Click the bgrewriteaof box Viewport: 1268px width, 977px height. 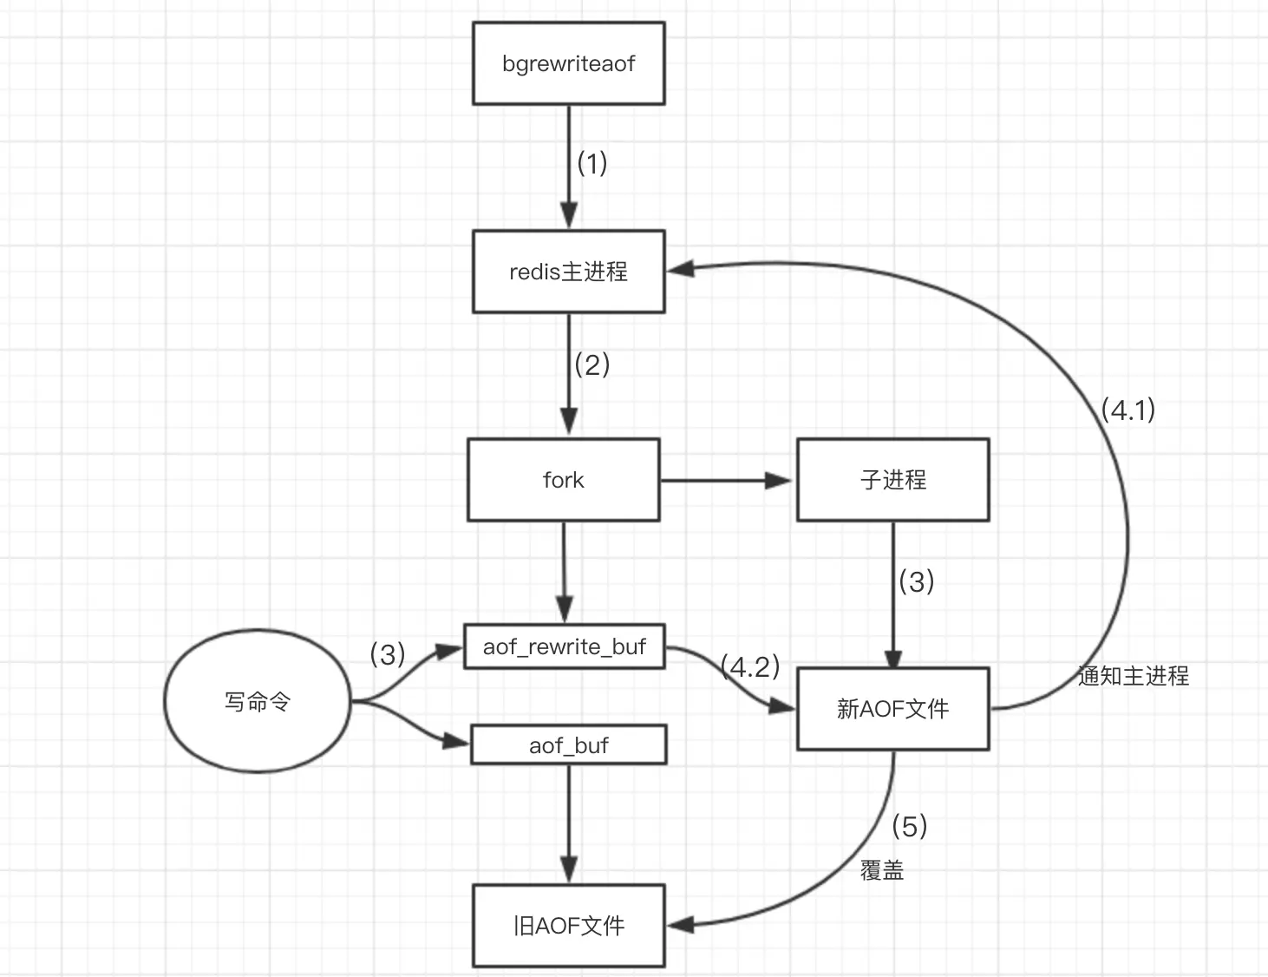568,63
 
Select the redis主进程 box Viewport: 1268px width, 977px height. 568,272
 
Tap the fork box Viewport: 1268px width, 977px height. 563,480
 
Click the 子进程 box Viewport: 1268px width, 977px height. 892,480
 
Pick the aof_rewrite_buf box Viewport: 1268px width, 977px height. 565,646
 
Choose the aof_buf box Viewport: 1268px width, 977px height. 568,744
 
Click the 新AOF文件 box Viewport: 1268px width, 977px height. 892,709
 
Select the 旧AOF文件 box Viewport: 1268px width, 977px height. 568,926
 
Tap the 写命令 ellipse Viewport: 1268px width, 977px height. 258,701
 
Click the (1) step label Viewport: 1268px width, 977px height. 592,163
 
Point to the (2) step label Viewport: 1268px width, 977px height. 592,364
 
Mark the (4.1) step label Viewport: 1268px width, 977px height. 1128,410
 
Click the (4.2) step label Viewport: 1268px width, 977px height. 750,666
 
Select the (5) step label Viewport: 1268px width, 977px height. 910,826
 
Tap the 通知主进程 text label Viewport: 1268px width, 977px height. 1134,676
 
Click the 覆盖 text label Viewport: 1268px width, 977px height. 882,870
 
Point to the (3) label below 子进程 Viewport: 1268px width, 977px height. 917,582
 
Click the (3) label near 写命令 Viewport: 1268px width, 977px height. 388,654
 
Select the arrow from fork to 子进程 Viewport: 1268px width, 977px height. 726,481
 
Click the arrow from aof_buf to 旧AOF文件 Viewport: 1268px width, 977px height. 569,823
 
